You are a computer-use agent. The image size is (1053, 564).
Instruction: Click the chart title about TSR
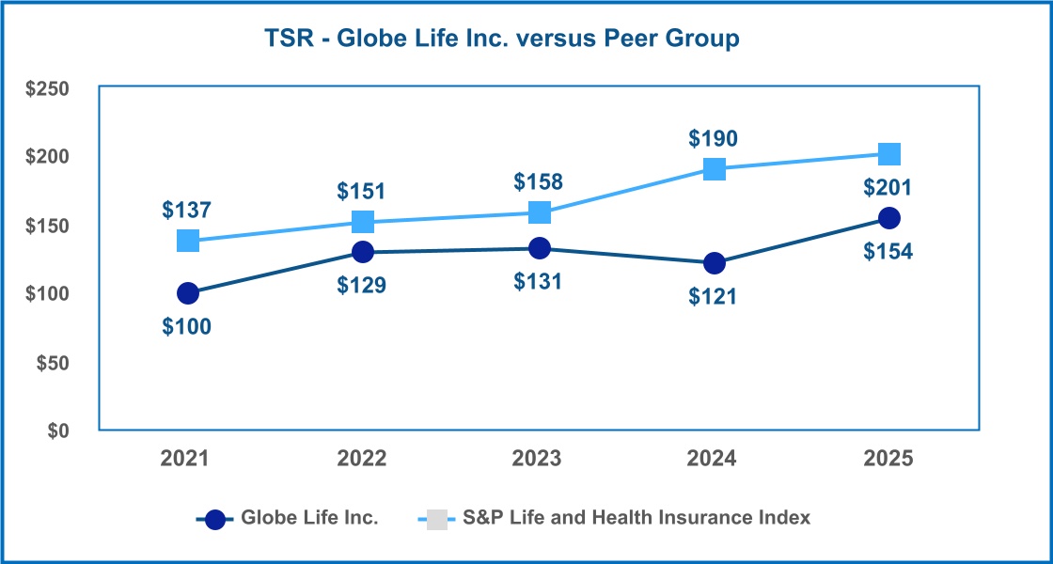point(499,39)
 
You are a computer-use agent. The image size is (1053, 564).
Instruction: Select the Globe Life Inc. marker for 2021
point(188,293)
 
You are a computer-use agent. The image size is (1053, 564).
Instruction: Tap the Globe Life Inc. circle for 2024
point(714,263)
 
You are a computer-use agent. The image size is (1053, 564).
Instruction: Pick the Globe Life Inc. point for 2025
point(888,218)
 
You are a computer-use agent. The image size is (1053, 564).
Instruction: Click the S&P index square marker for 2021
point(188,241)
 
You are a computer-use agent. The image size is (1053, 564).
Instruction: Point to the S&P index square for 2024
point(714,169)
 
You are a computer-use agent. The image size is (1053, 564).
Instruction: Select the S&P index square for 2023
point(539,212)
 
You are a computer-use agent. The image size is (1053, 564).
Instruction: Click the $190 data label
point(714,139)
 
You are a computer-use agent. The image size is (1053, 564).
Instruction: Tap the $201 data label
point(888,188)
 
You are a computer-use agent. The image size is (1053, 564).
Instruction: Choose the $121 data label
point(714,296)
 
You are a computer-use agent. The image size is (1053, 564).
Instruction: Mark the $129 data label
point(362,284)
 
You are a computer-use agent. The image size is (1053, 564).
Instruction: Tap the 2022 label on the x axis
point(362,459)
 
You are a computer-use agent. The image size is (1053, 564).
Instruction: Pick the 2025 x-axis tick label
point(888,459)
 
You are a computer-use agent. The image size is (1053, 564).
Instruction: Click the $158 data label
point(539,180)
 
